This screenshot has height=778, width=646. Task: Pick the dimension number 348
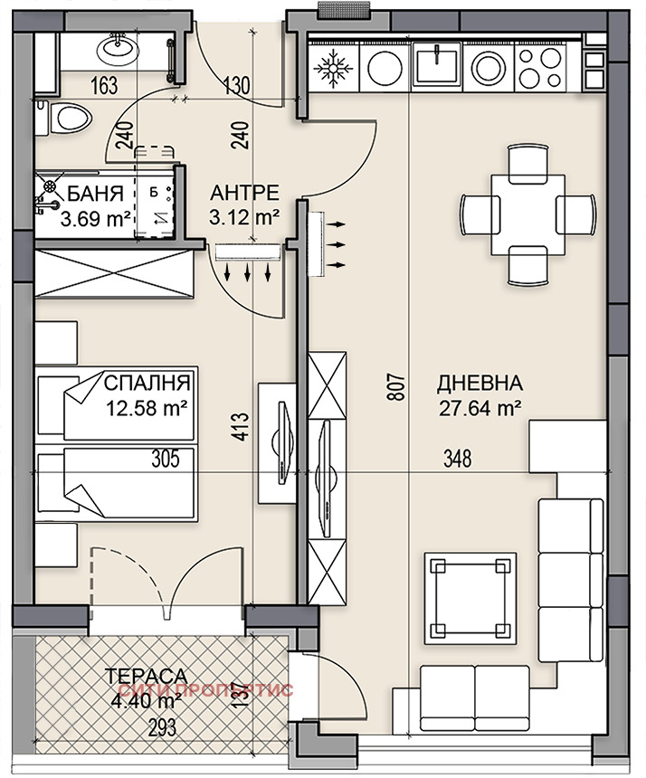(x=459, y=460)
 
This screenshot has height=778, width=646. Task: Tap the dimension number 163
(x=106, y=87)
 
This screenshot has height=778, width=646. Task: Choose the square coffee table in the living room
(x=467, y=595)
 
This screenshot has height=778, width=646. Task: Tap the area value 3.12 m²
(x=243, y=217)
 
